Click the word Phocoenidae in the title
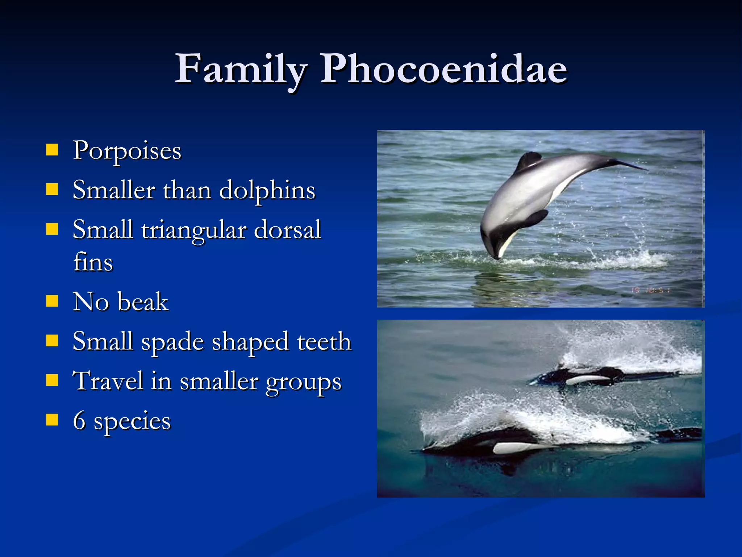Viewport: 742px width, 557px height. (444, 69)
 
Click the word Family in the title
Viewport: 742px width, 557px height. (241, 69)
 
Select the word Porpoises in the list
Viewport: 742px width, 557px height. (127, 150)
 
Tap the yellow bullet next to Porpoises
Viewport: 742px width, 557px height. (52, 149)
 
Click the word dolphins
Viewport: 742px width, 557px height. (267, 190)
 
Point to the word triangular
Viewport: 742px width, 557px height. (194, 230)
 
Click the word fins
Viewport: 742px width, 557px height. (93, 262)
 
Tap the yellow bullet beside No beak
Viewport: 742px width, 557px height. (52, 301)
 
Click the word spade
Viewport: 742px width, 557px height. (172, 342)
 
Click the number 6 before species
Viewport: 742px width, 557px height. (79, 421)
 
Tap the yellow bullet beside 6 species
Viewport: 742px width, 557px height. (52, 420)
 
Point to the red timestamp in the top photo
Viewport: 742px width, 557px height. (651, 290)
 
